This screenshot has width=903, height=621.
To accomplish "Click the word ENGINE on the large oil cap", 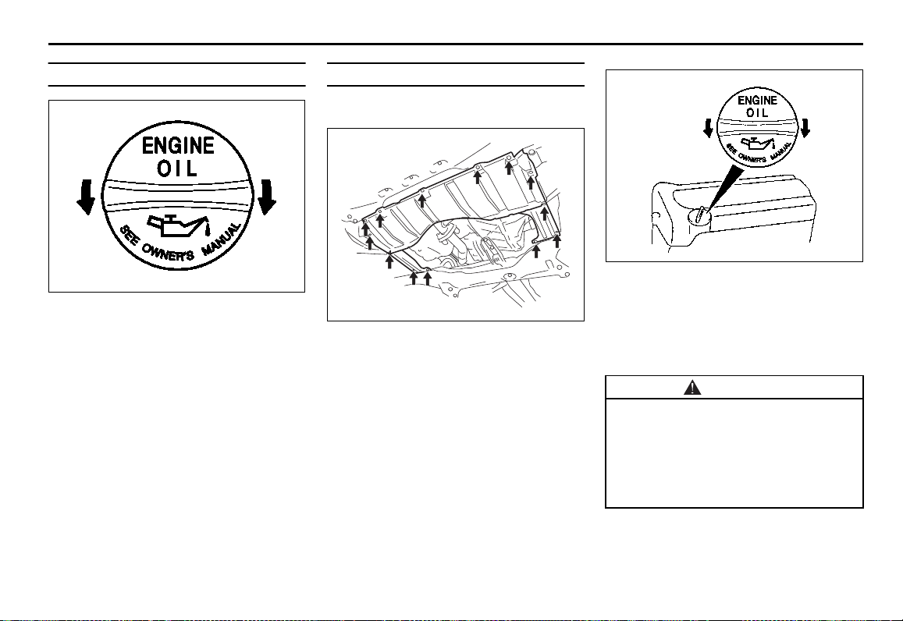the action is click(178, 146).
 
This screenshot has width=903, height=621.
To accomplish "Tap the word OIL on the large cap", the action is click(177, 169).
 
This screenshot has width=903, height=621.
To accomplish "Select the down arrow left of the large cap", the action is click(86, 197).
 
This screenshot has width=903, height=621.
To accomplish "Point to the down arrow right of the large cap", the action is click(267, 197).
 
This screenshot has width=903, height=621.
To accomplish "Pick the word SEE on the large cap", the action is click(129, 236).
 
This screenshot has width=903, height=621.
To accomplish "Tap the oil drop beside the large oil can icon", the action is click(208, 232).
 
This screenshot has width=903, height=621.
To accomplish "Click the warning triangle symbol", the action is click(692, 387).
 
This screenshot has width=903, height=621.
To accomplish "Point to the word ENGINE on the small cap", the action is click(757, 100).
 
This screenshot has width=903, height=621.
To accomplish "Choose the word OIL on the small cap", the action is click(757, 113).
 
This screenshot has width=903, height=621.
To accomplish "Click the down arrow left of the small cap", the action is click(709, 128).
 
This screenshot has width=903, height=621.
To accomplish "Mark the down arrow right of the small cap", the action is click(805, 128).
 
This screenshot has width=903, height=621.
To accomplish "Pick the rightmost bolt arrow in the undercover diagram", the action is click(557, 240).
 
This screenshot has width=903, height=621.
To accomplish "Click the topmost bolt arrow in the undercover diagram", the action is click(509, 168).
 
